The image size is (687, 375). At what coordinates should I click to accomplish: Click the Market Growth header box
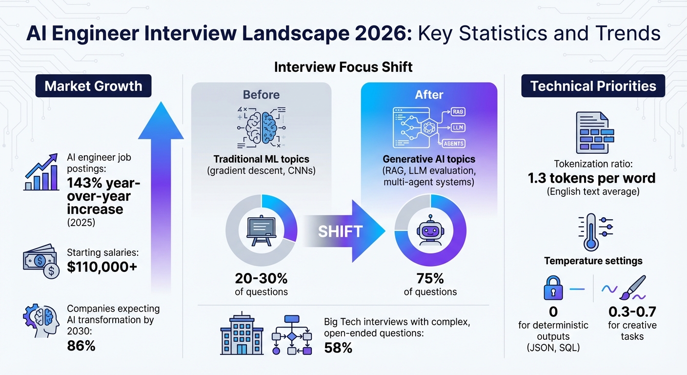point(93,86)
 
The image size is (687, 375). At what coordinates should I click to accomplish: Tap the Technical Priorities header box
point(593,86)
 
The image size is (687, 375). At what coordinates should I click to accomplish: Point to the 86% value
point(81,346)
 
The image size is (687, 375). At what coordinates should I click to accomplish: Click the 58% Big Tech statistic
point(338,348)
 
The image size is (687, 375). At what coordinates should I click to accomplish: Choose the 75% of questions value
point(430,279)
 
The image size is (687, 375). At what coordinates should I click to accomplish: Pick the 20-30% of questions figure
point(261,279)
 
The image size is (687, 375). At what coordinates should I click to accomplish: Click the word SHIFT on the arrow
point(340,231)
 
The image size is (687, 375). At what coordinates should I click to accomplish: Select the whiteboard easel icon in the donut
point(262,230)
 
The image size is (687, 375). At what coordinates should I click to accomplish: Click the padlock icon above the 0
point(553,289)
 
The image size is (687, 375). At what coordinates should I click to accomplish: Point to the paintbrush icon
point(633,288)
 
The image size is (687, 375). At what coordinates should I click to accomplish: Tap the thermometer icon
point(590,231)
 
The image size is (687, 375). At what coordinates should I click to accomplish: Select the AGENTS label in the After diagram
point(453,144)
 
